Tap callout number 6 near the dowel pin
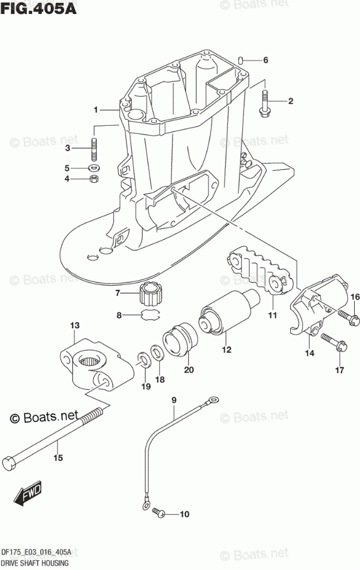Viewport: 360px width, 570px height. point(265,60)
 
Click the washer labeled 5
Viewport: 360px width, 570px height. point(93,168)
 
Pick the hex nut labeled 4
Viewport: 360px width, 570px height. point(93,179)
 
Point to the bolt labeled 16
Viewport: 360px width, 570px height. point(344,315)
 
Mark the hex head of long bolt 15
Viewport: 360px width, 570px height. point(10,463)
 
